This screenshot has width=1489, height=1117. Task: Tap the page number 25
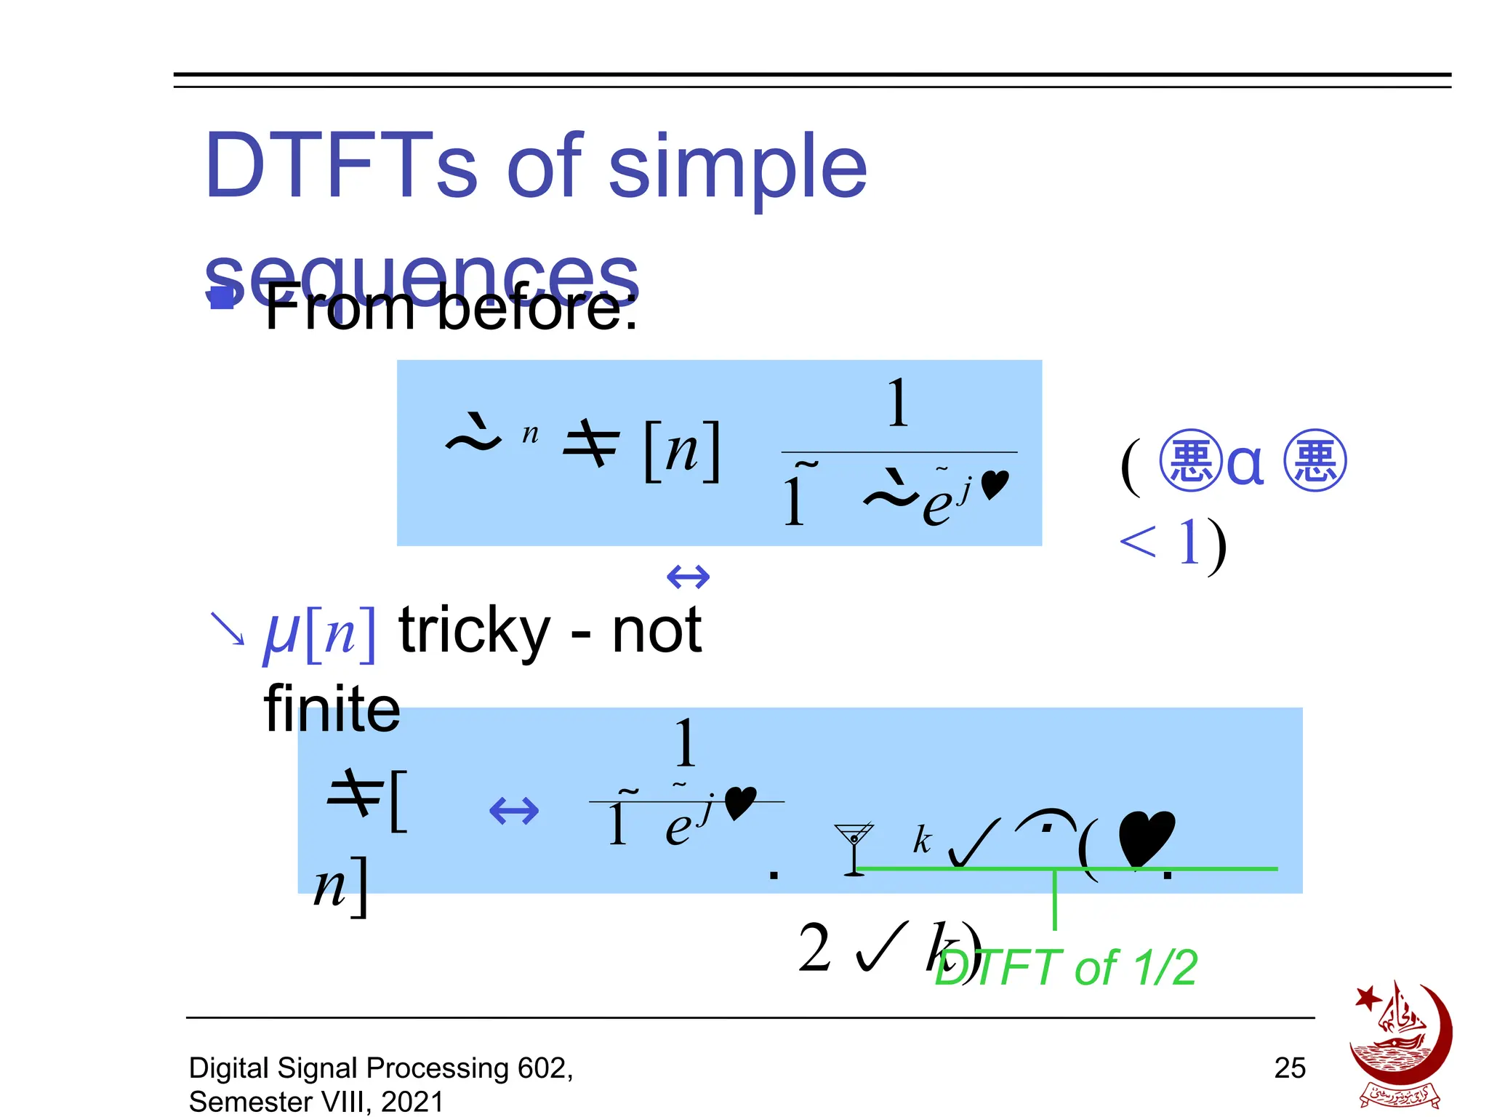click(1290, 1068)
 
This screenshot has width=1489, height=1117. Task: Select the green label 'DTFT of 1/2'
click(1066, 968)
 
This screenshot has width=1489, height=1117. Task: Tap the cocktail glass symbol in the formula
click(854, 848)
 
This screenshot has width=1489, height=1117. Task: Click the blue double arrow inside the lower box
click(514, 810)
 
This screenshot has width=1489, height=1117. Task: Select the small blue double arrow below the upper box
click(688, 577)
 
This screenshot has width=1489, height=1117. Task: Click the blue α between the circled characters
click(1245, 463)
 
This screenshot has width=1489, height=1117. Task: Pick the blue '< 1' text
click(1159, 542)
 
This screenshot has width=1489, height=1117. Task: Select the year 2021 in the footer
click(412, 1102)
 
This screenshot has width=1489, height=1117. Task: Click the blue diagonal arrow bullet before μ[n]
click(227, 628)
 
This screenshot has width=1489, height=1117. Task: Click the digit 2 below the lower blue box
click(814, 948)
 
